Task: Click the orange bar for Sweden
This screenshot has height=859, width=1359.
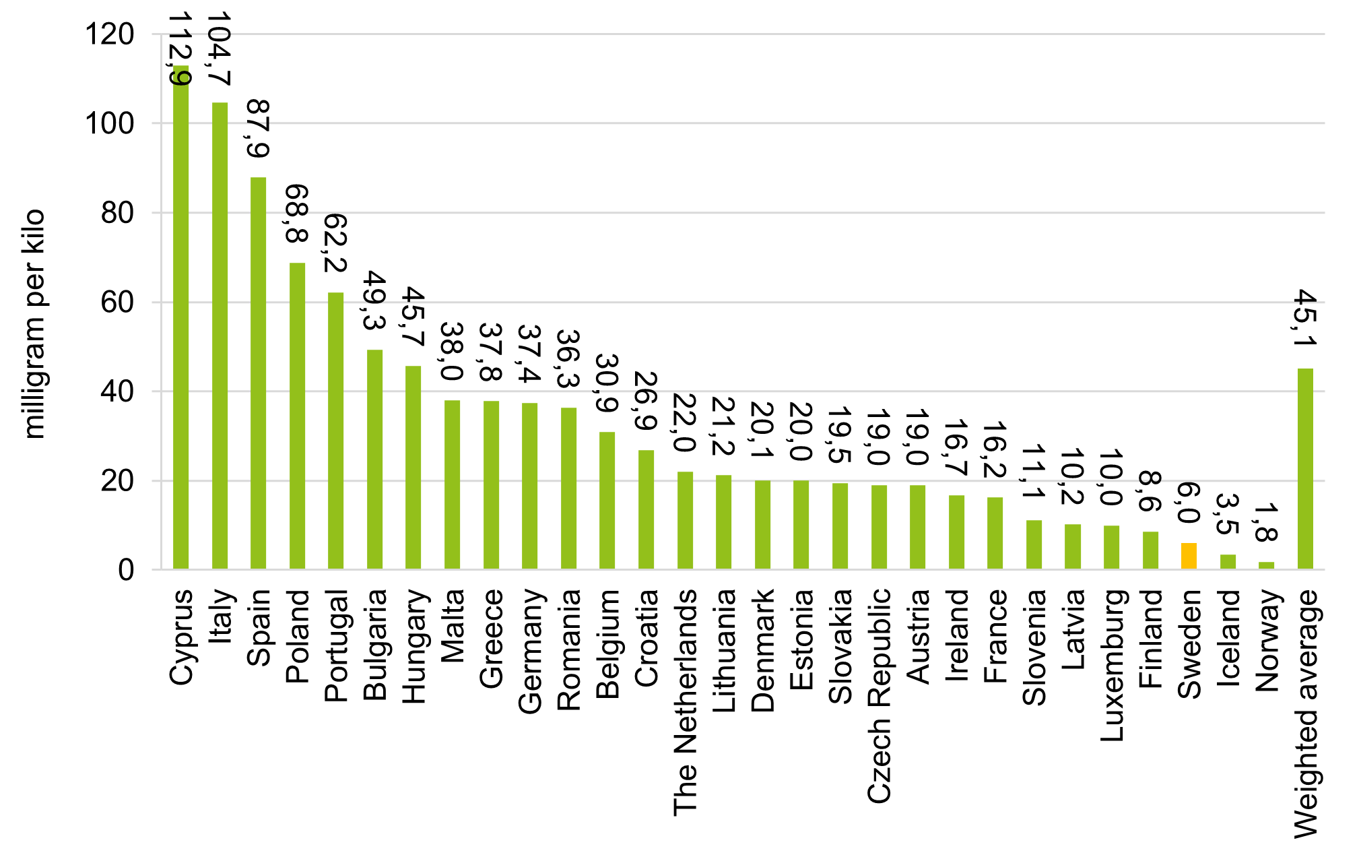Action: [x=1189, y=556]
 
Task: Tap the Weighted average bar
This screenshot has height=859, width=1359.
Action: [x=1305, y=469]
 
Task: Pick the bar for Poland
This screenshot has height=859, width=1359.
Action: [x=297, y=416]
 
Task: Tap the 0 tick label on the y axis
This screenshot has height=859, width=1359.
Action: [x=126, y=571]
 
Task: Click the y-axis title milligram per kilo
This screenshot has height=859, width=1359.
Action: [x=33, y=324]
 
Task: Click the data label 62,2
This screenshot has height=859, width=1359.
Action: [x=335, y=243]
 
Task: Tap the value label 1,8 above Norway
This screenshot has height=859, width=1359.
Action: [x=1266, y=522]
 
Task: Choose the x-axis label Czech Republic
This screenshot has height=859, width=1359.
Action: [x=880, y=696]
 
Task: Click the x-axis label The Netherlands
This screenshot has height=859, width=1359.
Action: [x=686, y=703]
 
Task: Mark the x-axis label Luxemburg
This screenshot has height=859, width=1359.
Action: [x=1112, y=666]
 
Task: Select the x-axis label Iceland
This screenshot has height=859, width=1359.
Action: [x=1228, y=638]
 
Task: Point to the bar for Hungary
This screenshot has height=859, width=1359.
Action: [x=413, y=468]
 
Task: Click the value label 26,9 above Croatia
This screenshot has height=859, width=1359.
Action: [x=646, y=402]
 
